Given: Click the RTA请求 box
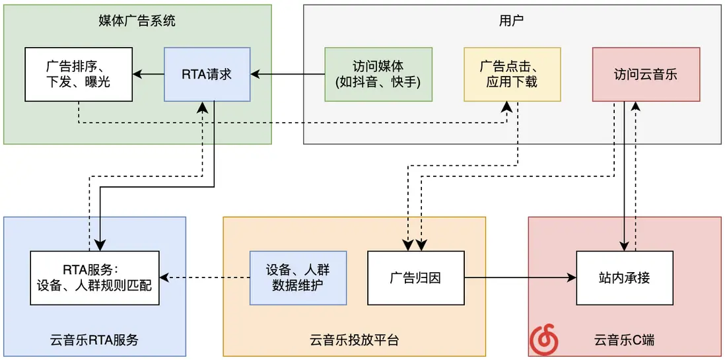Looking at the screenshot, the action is point(207,74).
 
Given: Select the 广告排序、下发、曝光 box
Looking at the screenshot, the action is point(79,74).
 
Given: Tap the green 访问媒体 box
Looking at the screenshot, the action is point(378,74).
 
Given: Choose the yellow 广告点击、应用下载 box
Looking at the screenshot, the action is point(512,74).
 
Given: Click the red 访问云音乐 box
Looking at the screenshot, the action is point(646,74).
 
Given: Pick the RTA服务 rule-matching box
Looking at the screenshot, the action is point(94,277).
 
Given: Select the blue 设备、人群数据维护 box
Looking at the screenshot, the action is point(298,277).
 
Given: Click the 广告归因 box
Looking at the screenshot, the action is point(416,277).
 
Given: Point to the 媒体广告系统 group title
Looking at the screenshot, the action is point(137,21).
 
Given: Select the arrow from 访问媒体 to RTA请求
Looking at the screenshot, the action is point(288,74).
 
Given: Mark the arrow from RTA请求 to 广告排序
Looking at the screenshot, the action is point(149,74).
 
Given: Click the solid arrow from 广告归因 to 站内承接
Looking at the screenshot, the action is point(520,277).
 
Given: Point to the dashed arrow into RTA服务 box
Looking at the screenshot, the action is point(205,277).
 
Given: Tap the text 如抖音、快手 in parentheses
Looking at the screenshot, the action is point(378,83).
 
